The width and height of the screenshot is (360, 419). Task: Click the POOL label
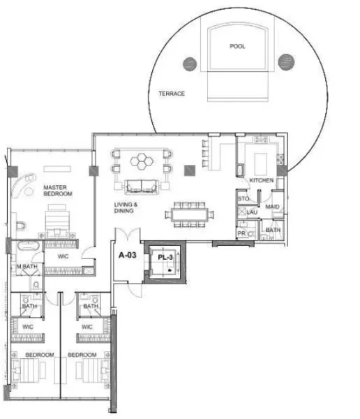tap(238, 46)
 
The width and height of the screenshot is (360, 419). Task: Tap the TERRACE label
tap(171, 94)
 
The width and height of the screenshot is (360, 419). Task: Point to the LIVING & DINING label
tap(126, 207)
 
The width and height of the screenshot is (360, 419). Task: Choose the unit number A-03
tap(127, 256)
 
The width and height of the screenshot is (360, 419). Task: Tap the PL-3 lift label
tap(165, 257)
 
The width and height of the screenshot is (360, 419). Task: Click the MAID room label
tap(272, 207)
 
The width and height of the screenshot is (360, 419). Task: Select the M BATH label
tap(27, 267)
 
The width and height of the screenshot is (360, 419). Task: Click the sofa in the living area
tap(142, 185)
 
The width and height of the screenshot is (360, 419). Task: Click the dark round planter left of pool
tap(190, 64)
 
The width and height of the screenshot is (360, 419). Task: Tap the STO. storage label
tap(243, 199)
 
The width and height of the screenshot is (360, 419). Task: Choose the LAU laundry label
tap(252, 212)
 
